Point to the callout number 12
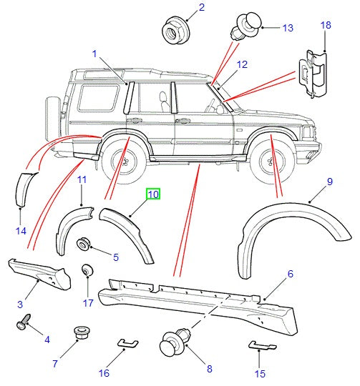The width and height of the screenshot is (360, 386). (x=242, y=64)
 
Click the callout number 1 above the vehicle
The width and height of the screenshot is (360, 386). (x=94, y=54)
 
